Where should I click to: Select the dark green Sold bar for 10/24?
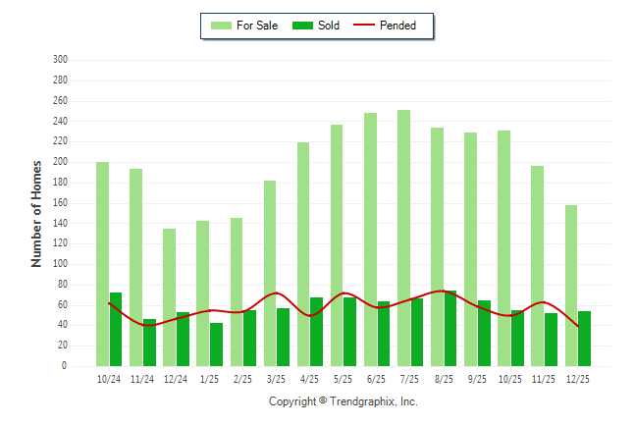116,329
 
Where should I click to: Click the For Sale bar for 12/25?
571,285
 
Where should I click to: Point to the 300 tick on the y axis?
60,60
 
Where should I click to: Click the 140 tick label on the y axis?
60,223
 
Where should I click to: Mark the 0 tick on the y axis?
64,366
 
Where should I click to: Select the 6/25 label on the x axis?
377,379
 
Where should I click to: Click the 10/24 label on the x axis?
109,379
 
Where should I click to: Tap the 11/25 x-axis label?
544,379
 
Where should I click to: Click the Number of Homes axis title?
36,213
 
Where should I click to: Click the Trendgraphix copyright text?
343,401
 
